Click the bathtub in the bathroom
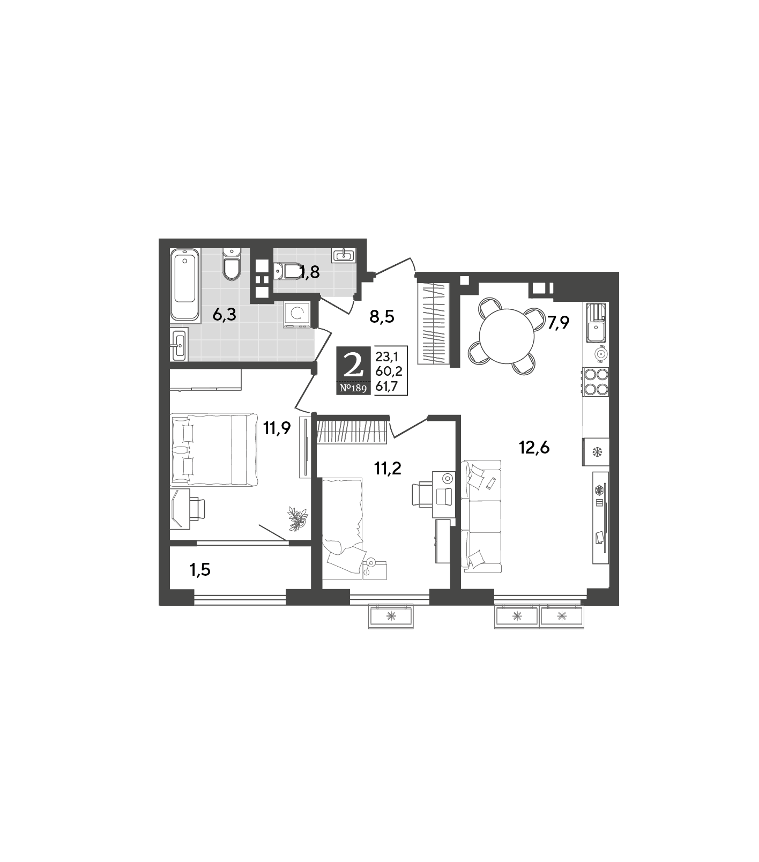point(185,285)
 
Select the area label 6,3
point(224,315)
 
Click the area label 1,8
point(309,272)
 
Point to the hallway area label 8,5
point(382,317)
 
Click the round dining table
point(507,337)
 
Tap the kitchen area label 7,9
point(558,323)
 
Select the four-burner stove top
point(596,382)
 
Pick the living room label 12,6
point(534,447)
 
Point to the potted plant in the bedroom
point(297,518)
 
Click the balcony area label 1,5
point(200,570)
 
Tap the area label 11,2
point(388,469)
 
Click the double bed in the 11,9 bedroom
point(214,449)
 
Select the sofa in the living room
point(481,516)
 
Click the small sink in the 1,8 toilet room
point(343,255)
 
